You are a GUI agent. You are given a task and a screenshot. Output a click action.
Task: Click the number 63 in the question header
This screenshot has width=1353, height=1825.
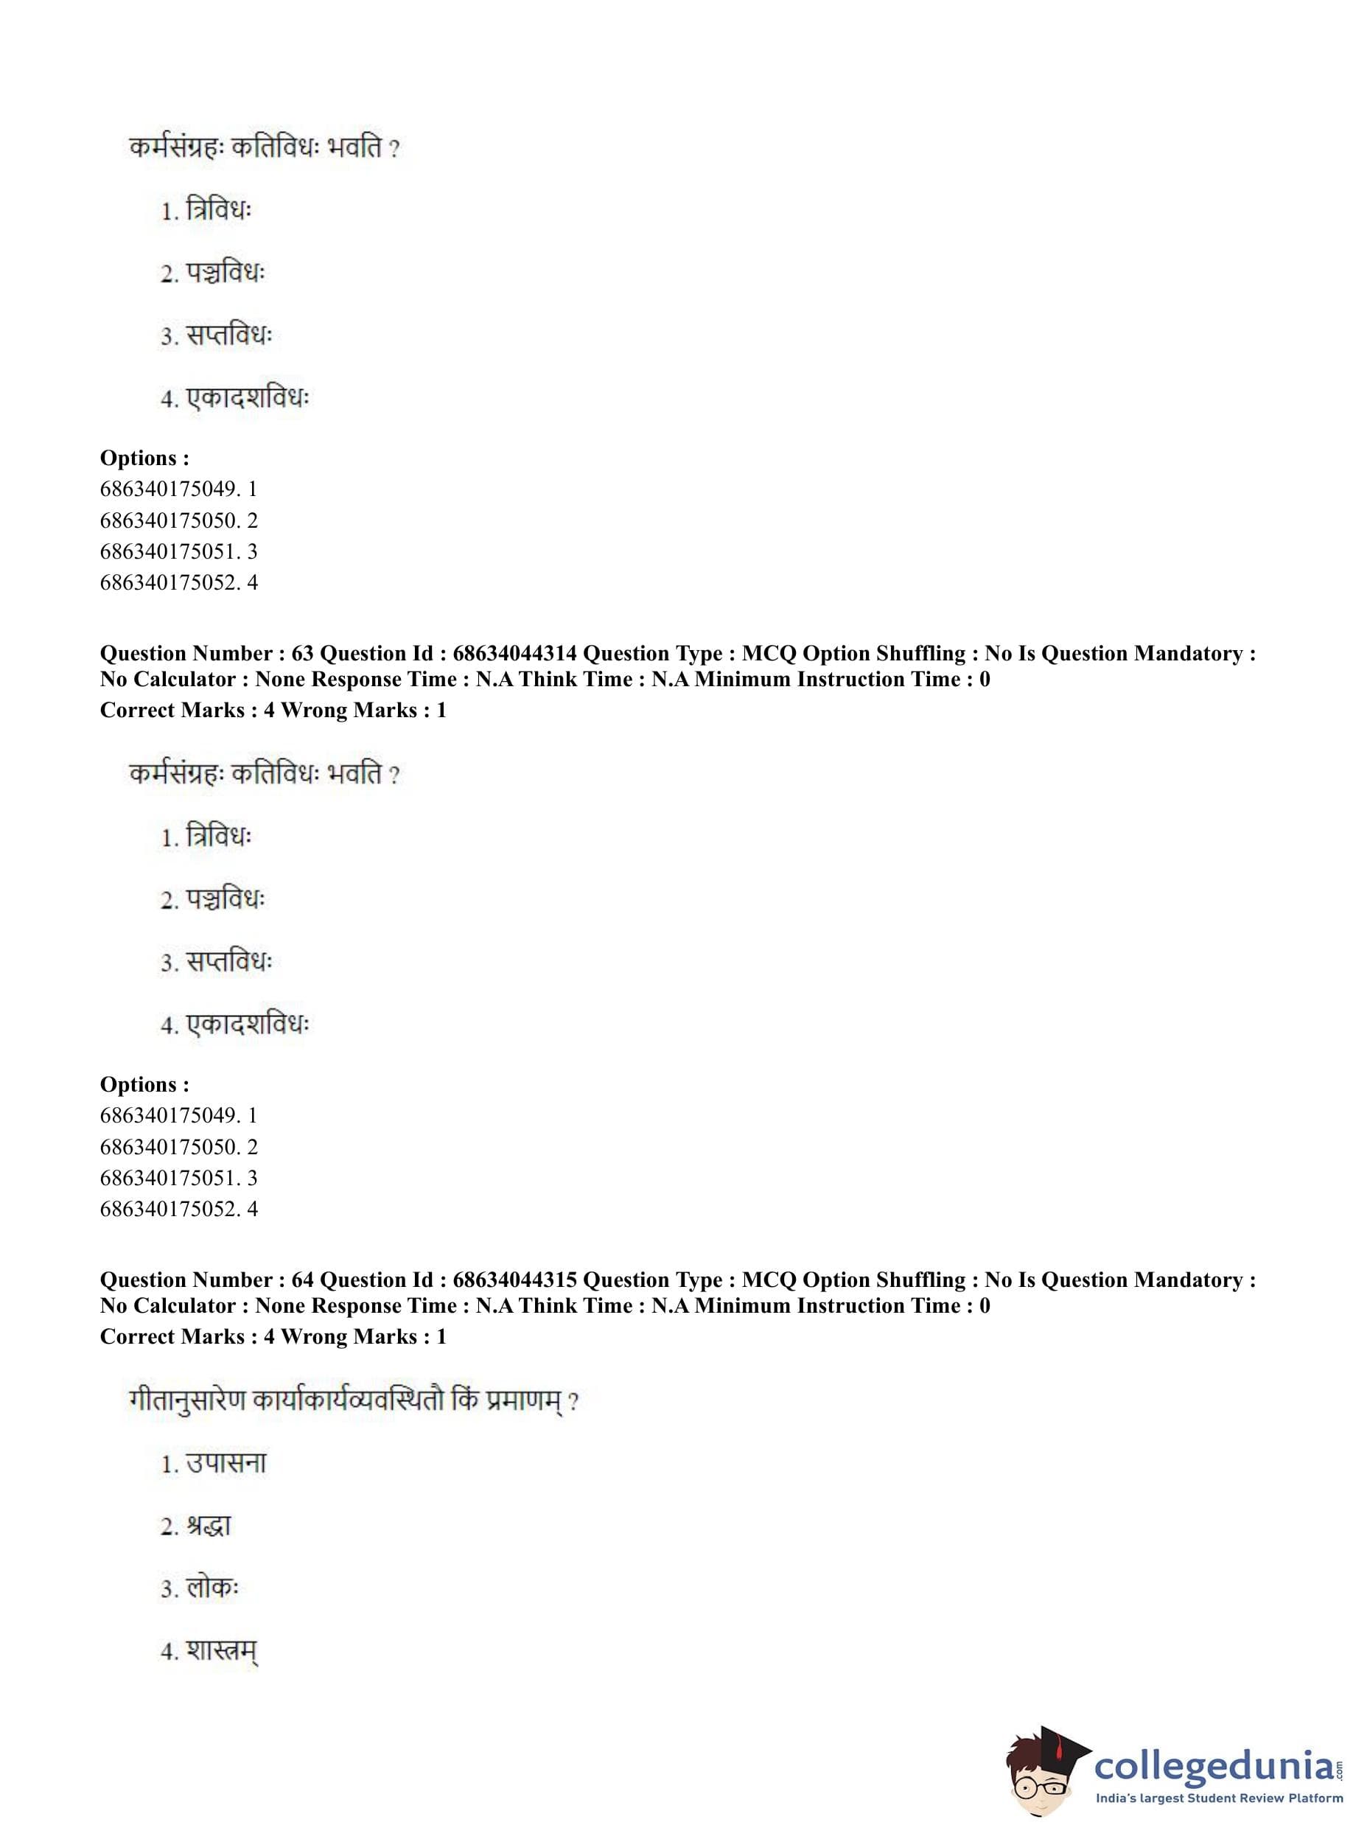[302, 654]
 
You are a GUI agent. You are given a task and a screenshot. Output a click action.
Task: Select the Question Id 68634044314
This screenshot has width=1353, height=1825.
[514, 654]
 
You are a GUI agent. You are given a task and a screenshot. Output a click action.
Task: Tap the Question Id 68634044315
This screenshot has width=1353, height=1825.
[514, 1280]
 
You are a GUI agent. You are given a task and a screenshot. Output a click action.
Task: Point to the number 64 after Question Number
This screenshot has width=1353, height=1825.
[302, 1280]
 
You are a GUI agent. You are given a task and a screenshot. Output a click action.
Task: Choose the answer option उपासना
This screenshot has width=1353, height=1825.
[226, 1464]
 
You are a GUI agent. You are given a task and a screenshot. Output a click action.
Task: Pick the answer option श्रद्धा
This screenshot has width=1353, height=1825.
[209, 1526]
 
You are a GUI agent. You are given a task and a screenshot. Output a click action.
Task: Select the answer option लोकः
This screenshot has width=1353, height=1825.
[212, 1588]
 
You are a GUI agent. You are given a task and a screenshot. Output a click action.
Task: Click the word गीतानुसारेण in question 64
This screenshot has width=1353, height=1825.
[186, 1400]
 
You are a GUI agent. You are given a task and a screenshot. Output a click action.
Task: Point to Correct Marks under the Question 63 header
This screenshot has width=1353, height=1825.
[172, 711]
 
